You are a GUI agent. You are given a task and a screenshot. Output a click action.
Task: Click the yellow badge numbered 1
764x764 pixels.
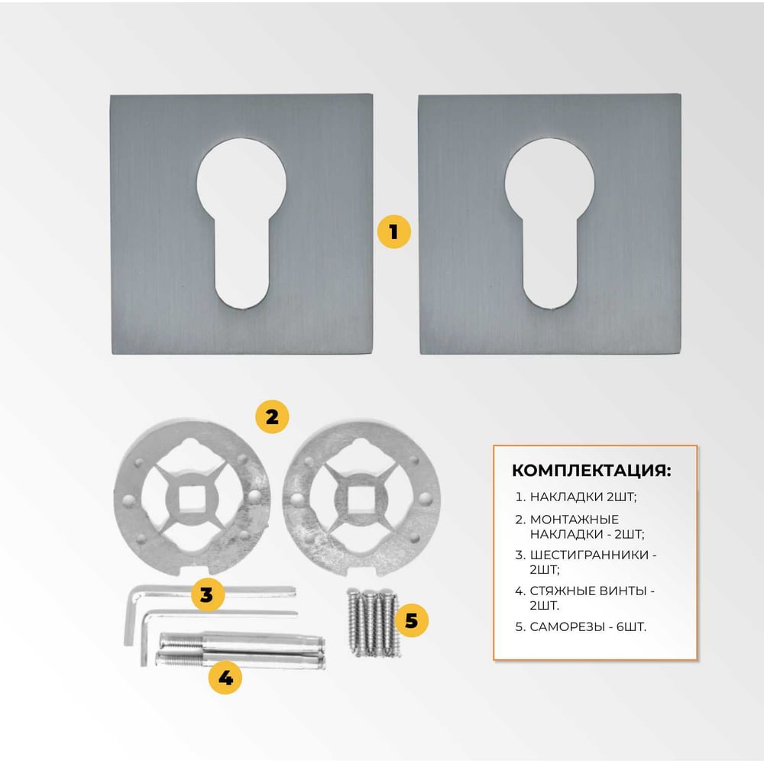(393, 231)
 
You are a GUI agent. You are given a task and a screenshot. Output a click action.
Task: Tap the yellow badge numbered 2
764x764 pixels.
(272, 416)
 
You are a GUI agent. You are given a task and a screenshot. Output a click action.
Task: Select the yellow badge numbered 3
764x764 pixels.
(207, 595)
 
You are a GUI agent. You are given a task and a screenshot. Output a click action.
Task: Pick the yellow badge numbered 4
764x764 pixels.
(225, 677)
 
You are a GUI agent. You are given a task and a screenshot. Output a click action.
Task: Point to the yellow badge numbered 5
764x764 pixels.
(411, 620)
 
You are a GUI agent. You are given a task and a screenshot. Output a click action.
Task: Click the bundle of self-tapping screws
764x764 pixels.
(374, 622)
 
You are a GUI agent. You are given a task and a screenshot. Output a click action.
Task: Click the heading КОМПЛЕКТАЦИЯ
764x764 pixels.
(591, 471)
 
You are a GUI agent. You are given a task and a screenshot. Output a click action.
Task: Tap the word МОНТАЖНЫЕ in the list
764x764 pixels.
(575, 520)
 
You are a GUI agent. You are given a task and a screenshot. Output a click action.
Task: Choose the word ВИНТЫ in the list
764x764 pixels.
(623, 591)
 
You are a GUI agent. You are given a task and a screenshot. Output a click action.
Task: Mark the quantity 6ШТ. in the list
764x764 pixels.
(632, 626)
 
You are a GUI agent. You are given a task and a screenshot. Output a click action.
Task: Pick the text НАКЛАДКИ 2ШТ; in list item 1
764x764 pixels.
(583, 497)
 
